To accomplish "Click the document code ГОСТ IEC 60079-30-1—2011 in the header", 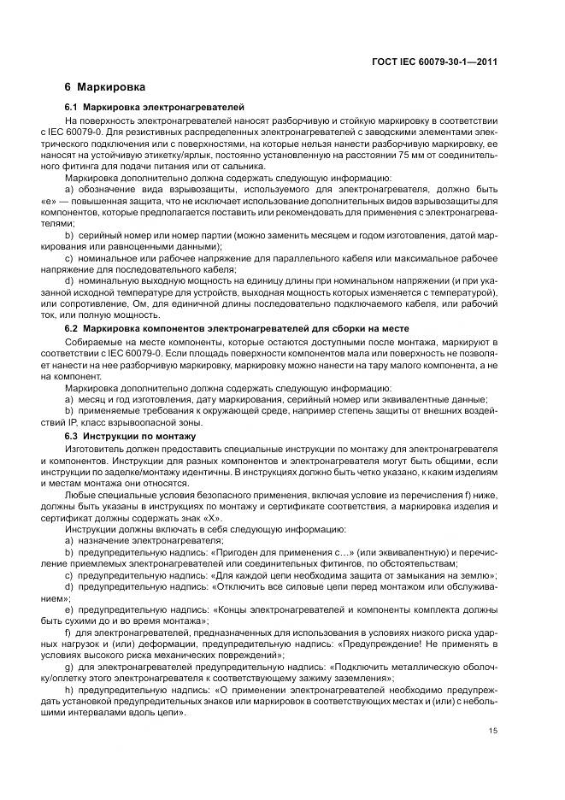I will pos(436,62).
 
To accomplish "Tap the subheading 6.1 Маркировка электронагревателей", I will pos(155,109).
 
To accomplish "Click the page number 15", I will pos(493,730).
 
